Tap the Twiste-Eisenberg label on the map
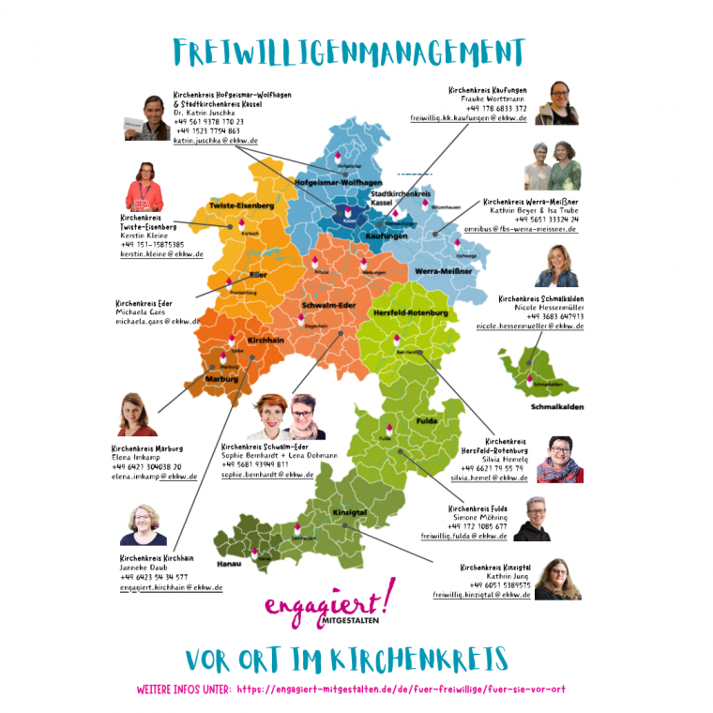[x=241, y=205]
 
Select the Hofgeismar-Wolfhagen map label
[x=339, y=181]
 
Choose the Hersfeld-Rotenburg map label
[x=411, y=311]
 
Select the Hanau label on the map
[x=229, y=565]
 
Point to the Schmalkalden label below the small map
[x=556, y=407]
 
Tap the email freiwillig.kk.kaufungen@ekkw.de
[x=468, y=119]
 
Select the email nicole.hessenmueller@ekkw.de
[x=529, y=326]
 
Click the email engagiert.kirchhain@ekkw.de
[x=172, y=587]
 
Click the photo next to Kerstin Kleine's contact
[x=145, y=186]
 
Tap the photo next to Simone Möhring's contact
[x=532, y=519]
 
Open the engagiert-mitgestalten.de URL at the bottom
[x=402, y=689]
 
